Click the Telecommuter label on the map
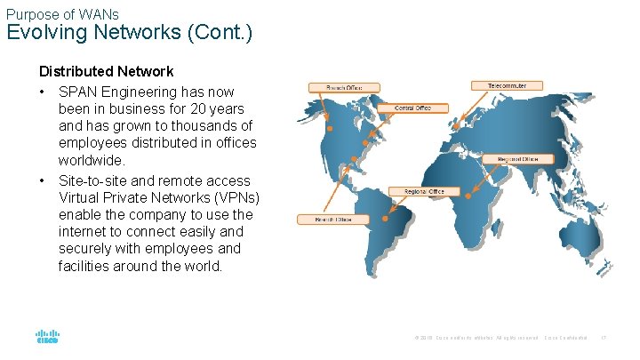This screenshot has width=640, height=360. coord(507,86)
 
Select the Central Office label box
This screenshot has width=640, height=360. coord(412,108)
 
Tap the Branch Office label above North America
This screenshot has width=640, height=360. coord(344,87)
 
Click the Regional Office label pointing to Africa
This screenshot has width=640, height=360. coord(518,159)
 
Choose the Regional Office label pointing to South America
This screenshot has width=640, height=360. coord(424,192)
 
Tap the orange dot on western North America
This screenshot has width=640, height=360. coord(330,129)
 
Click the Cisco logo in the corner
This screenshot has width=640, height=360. coord(47,337)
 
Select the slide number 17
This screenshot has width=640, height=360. coord(604,338)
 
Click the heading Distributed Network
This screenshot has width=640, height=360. coord(106,71)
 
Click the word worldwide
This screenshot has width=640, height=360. coord(92,161)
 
